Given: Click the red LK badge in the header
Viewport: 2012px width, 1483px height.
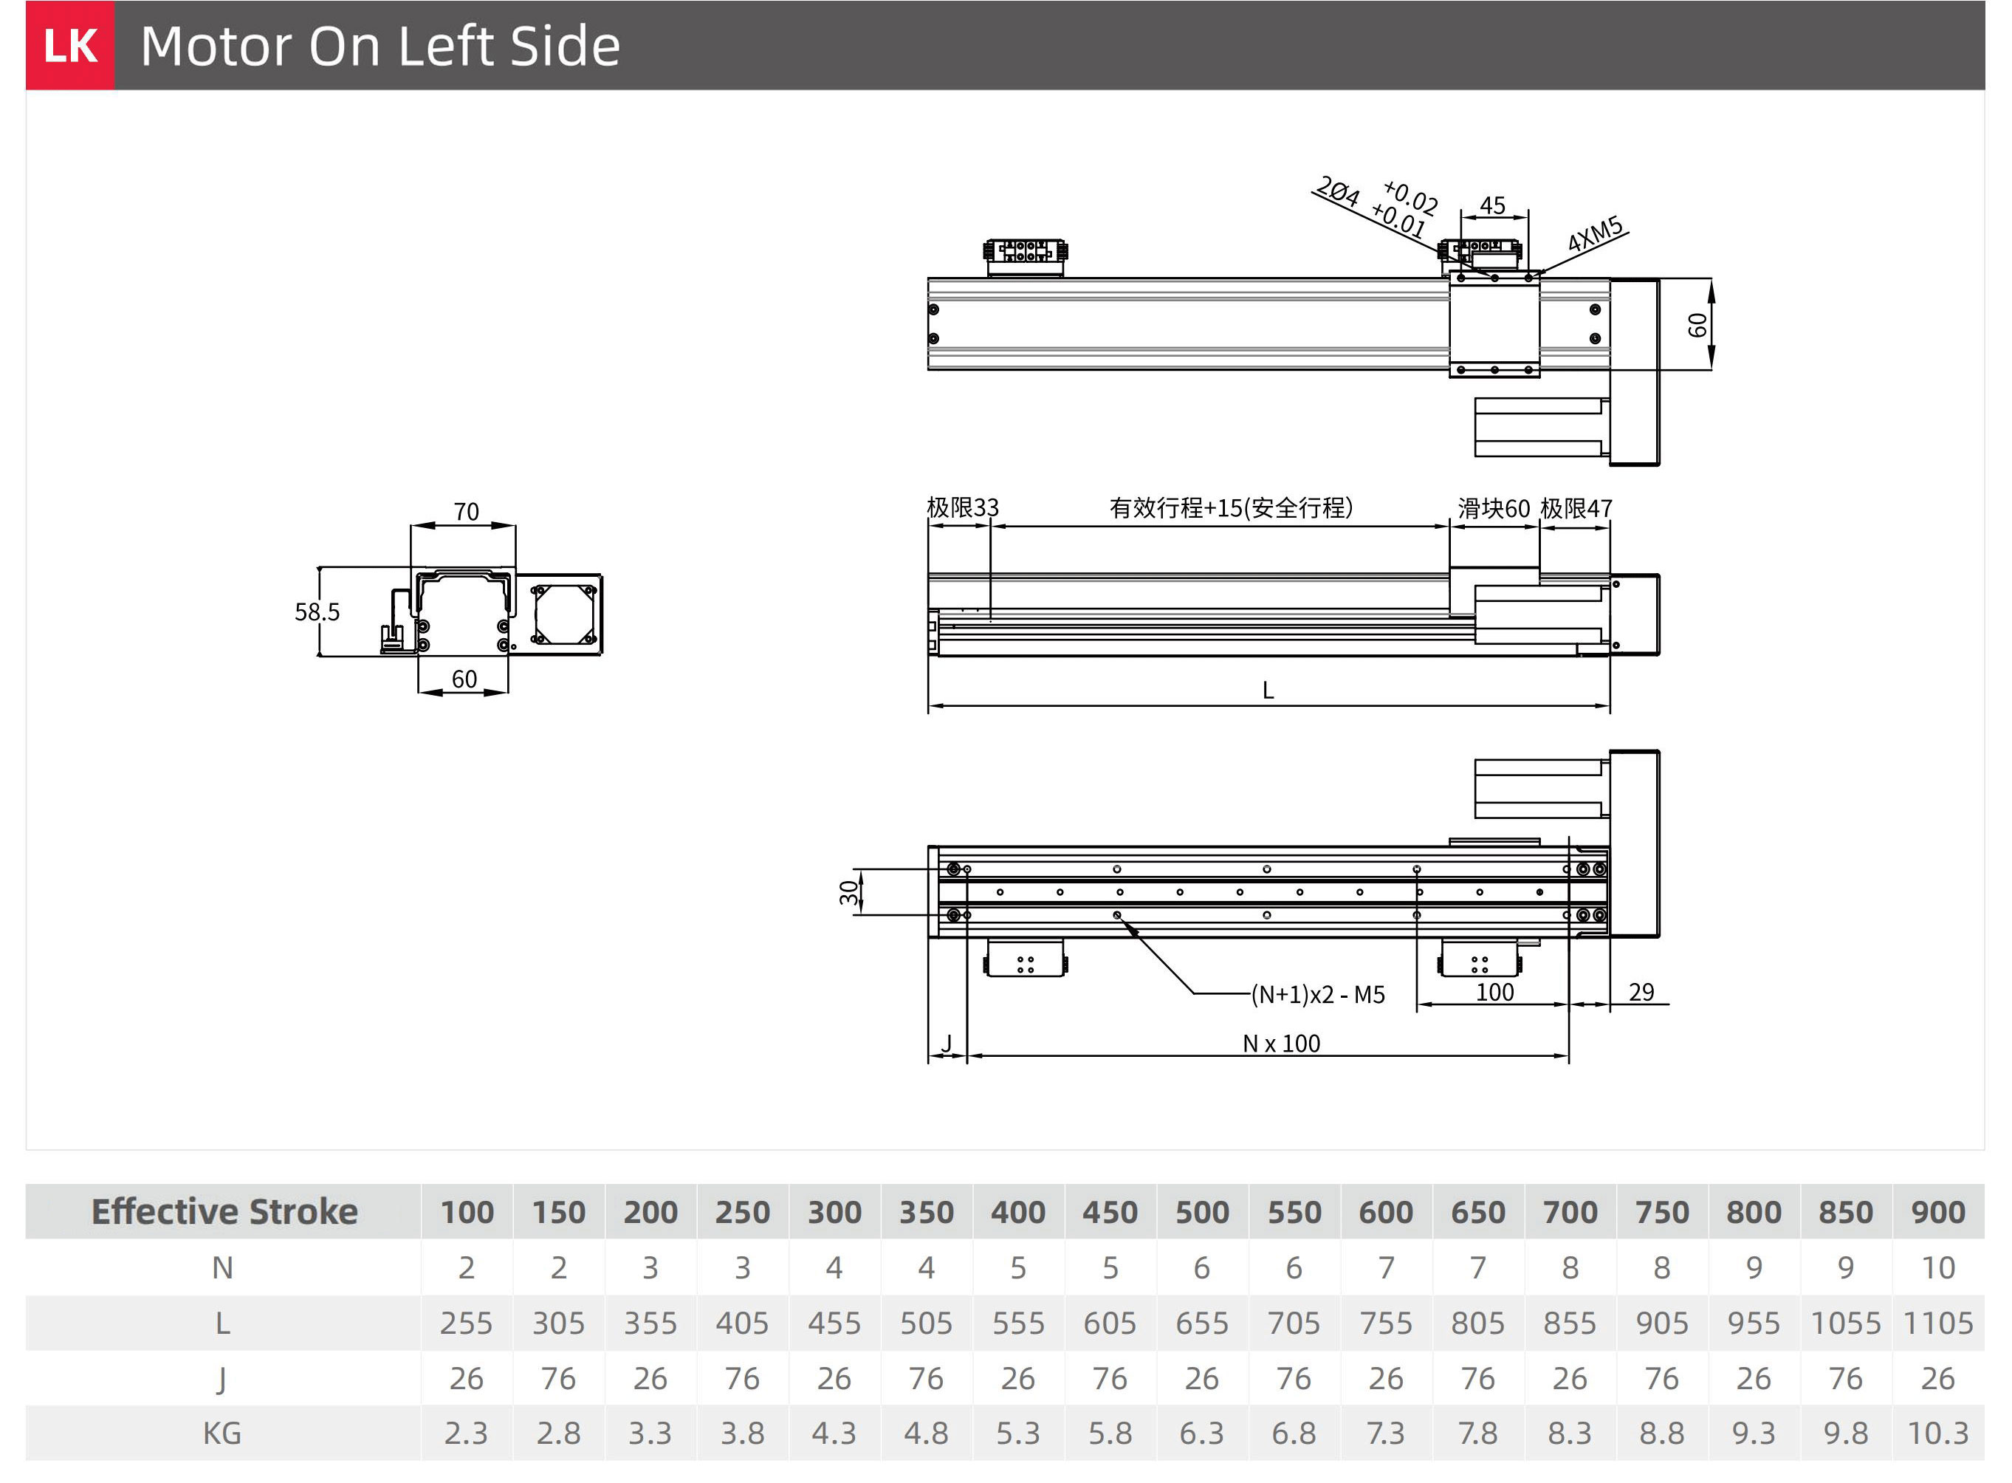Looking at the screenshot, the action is [x=70, y=45].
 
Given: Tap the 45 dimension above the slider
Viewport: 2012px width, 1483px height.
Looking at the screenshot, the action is [x=1492, y=205].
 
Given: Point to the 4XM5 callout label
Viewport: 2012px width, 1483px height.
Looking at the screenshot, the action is [x=1596, y=233].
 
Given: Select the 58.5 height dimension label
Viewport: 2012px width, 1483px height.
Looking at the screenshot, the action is [x=317, y=612].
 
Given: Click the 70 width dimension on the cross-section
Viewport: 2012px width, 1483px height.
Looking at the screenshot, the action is [x=466, y=512].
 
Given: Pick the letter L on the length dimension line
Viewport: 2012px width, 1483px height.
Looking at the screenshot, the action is [x=1268, y=691].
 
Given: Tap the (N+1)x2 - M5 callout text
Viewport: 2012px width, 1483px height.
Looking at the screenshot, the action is [x=1318, y=995].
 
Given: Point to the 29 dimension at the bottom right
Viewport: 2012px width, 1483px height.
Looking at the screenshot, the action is [x=1641, y=992].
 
